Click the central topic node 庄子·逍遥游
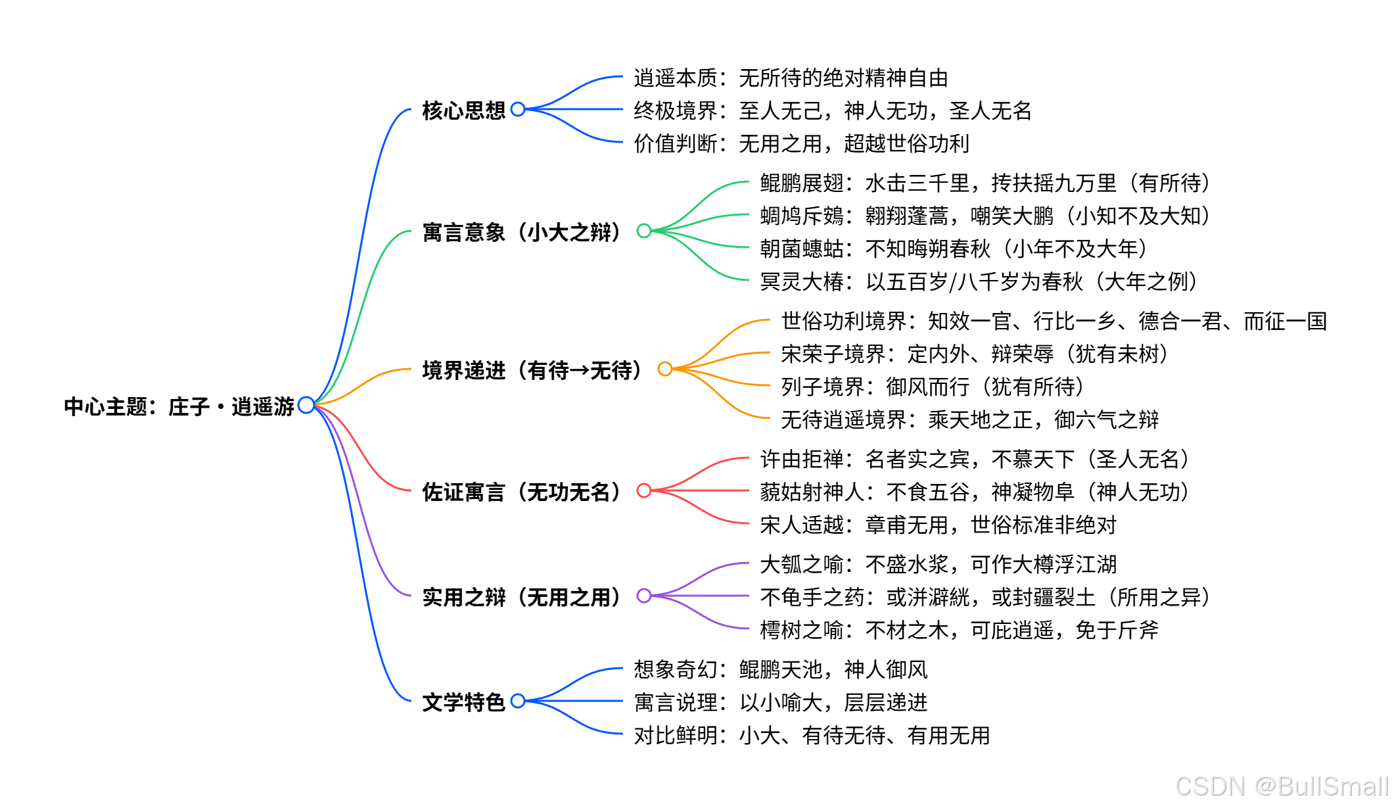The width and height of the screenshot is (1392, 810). tap(179, 406)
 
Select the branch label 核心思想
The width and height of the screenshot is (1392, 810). tap(463, 110)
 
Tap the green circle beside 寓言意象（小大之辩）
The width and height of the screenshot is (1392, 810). tap(644, 231)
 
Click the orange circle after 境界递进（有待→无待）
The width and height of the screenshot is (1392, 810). tap(665, 369)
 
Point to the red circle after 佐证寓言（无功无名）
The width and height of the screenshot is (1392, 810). tap(644, 490)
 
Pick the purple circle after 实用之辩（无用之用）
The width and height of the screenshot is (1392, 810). tap(644, 596)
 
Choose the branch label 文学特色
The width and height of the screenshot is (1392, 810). tap(463, 702)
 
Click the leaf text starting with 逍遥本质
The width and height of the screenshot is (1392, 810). tap(791, 78)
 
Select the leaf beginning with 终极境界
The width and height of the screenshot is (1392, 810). tap(832, 110)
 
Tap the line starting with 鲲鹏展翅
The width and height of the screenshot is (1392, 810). tap(985, 183)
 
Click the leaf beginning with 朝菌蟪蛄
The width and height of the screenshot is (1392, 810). tap(953, 249)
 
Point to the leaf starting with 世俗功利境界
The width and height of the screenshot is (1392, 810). tap(1054, 321)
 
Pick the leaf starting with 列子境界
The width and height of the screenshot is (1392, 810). tap(932, 387)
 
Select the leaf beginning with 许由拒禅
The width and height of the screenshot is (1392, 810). tap(974, 459)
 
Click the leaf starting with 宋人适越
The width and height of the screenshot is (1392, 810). tap(938, 525)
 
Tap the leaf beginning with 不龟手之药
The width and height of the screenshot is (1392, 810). tap(985, 597)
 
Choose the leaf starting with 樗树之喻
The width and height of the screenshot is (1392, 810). tap(959, 630)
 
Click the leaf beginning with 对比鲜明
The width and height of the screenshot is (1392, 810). tap(812, 735)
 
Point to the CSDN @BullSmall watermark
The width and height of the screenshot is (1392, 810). tap(1281, 786)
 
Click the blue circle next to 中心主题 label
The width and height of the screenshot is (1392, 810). tap(306, 405)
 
